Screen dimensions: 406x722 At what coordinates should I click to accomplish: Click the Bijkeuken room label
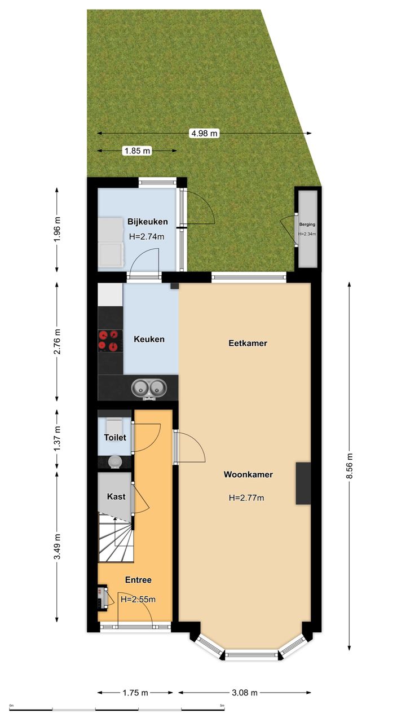(x=148, y=222)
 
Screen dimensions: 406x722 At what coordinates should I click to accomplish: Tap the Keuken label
(x=149, y=339)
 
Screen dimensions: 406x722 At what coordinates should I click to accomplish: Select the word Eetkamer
(x=248, y=343)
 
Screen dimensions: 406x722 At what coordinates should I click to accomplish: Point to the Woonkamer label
(x=248, y=474)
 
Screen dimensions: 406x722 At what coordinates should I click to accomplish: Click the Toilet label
(x=115, y=437)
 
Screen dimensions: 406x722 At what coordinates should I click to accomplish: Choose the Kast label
(x=116, y=496)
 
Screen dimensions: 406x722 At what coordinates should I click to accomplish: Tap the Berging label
(x=307, y=224)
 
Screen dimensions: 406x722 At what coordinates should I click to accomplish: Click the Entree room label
(x=138, y=580)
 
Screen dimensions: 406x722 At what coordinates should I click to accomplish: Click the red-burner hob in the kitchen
(x=110, y=341)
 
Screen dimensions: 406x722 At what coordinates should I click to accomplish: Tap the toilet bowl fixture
(x=114, y=462)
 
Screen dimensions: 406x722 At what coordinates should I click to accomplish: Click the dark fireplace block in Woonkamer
(x=303, y=483)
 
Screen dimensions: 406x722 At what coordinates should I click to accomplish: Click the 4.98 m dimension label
(x=205, y=133)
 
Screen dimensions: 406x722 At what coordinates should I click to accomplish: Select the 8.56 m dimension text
(x=349, y=466)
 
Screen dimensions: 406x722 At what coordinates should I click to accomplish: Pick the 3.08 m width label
(x=245, y=692)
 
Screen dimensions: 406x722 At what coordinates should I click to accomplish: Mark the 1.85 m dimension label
(x=137, y=151)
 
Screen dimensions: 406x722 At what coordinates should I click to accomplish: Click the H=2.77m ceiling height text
(x=246, y=498)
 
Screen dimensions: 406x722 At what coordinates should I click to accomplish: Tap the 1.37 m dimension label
(x=57, y=438)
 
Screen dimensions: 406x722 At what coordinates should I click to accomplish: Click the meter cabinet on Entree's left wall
(x=103, y=596)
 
